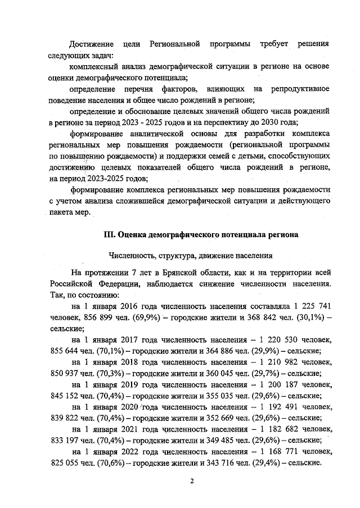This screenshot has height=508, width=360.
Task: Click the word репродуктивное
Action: point(300,89)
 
